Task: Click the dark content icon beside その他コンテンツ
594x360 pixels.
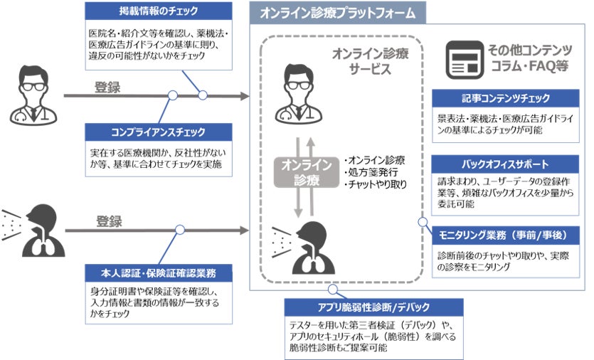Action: [x=463, y=58]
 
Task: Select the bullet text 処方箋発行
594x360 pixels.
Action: [x=370, y=172]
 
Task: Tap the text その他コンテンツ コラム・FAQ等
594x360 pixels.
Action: [x=530, y=58]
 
